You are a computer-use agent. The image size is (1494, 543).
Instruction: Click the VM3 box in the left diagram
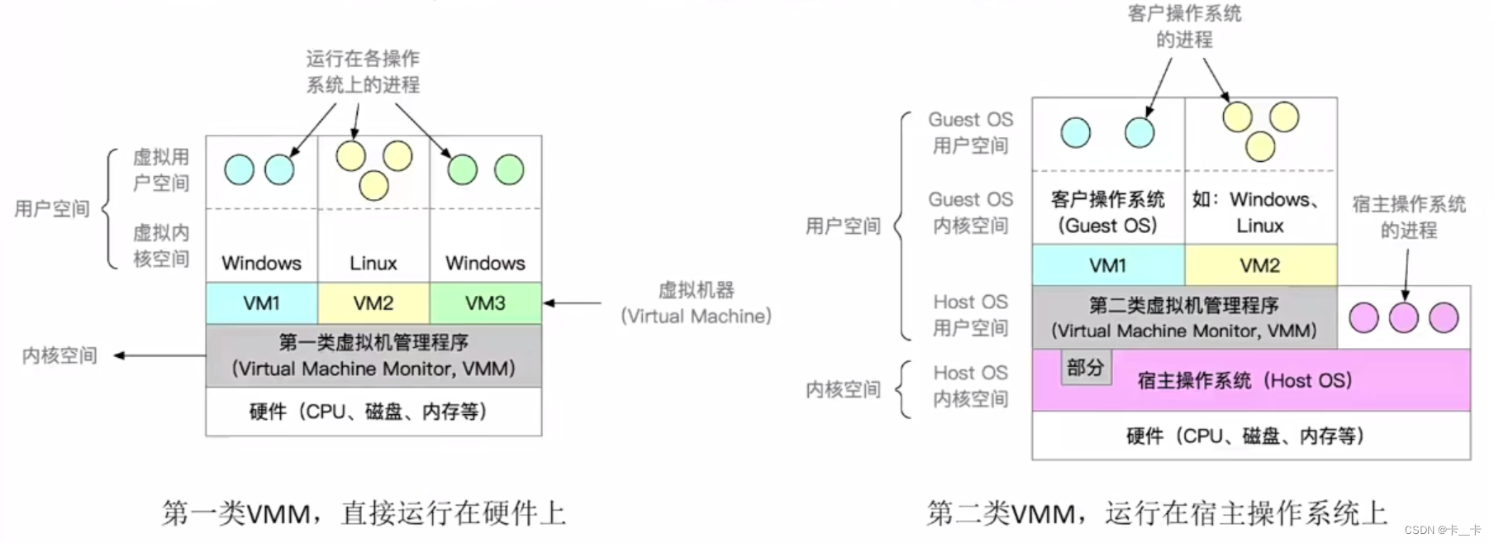point(485,303)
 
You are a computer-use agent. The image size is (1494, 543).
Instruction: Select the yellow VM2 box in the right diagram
point(1260,265)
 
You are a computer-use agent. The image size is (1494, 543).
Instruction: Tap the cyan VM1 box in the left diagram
point(261,303)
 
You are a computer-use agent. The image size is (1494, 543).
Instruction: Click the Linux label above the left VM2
point(373,264)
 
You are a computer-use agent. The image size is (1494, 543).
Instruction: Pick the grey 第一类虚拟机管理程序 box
point(373,355)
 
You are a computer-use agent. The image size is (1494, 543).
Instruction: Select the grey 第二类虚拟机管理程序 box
point(1183,317)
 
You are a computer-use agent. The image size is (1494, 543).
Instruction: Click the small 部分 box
point(1086,368)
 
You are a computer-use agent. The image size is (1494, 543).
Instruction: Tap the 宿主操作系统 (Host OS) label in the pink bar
point(1244,381)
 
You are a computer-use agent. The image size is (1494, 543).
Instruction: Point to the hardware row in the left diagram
point(373,412)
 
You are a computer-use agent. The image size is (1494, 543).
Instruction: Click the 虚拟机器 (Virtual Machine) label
point(696,303)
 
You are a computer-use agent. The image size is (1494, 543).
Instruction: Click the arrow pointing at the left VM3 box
point(572,303)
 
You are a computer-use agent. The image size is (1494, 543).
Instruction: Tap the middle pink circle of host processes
point(1403,317)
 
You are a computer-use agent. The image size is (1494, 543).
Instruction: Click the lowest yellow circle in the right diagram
point(1260,147)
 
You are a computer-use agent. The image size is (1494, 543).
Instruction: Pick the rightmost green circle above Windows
point(509,170)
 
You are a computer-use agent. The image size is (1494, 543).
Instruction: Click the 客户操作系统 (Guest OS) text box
point(1107,212)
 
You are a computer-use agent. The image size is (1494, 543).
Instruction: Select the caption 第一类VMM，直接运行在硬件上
point(364,513)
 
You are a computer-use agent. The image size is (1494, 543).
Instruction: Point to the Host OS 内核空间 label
point(970,386)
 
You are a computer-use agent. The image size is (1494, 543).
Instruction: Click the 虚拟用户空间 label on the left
point(161,170)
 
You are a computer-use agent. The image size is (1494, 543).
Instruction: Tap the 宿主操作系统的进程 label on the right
point(1408,217)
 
